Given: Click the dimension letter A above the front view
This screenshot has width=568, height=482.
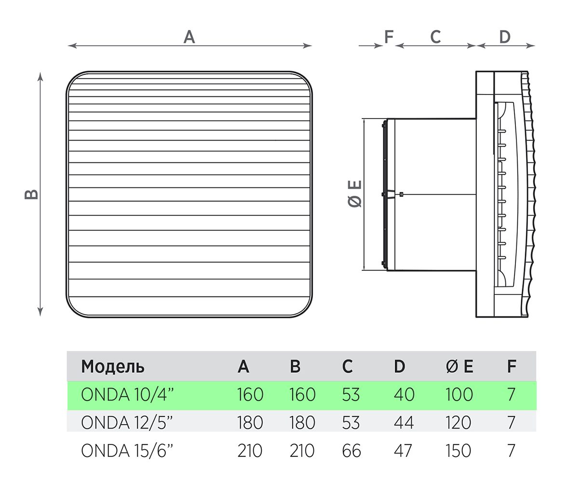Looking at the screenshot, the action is (189, 37).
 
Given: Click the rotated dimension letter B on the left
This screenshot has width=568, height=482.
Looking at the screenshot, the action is (31, 194).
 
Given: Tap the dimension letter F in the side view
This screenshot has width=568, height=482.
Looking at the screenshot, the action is (389, 37).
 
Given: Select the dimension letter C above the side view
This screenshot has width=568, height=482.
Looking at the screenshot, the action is (435, 37).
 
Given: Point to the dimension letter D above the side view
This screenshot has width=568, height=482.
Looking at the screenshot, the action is (505, 37).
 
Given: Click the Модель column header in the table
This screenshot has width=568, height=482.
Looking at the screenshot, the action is (113, 367).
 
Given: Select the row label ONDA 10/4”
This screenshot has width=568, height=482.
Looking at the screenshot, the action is (127, 394).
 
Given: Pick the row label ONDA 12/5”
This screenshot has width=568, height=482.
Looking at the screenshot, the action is (127, 422).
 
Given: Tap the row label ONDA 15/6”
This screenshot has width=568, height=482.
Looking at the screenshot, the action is (127, 451).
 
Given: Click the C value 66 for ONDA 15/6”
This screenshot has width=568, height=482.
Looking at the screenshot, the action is (352, 451).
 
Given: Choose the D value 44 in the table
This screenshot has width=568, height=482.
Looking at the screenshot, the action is (404, 422).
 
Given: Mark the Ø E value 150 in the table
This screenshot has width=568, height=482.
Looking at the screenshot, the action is (459, 451).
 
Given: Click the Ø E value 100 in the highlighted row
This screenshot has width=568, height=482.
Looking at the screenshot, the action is (459, 394).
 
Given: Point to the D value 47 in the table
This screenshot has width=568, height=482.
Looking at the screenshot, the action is (403, 451).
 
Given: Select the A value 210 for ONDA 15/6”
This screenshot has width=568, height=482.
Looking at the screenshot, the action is (250, 451).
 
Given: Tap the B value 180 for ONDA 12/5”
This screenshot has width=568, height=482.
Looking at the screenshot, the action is (302, 422).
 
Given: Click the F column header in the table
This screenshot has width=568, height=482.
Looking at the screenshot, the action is (512, 366).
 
